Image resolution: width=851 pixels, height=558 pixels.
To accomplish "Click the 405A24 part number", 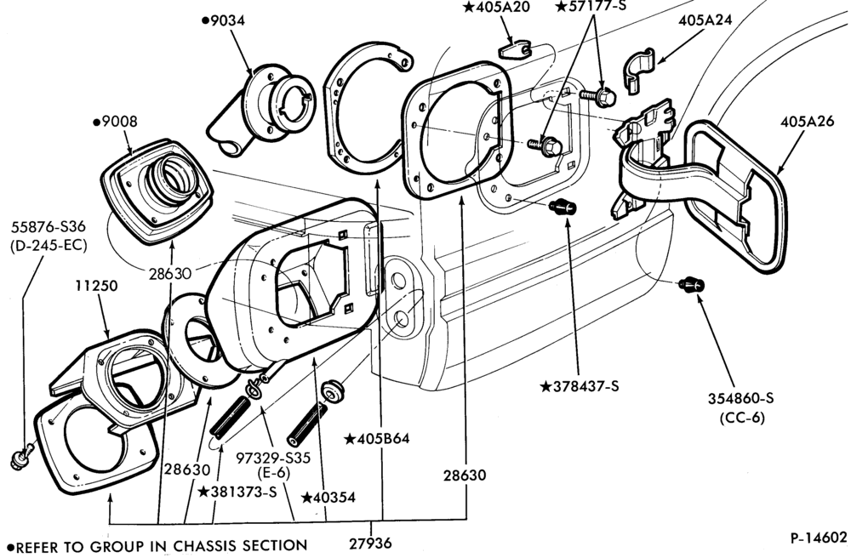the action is coord(705,20).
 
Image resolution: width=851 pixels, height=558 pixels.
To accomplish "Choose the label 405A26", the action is coord(807,121).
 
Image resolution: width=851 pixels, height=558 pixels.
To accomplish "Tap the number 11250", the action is coord(97,285).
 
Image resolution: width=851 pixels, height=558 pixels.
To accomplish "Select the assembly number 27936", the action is coord(370,543).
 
